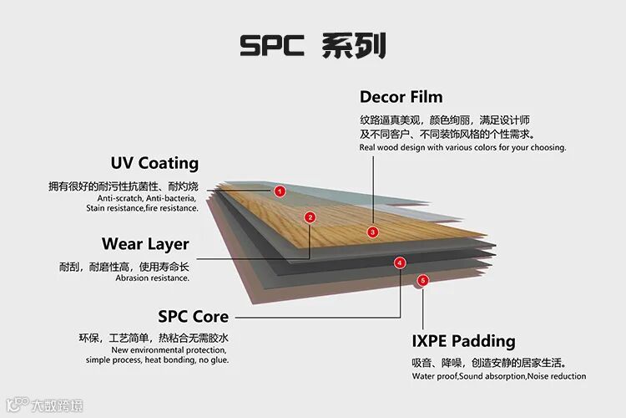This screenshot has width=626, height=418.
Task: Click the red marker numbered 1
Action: (x=280, y=191)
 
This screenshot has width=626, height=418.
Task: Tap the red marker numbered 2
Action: (x=310, y=217)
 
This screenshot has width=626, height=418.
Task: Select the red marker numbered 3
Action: (x=373, y=232)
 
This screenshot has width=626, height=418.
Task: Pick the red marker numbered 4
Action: (x=400, y=263)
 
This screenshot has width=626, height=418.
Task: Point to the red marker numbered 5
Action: (x=423, y=281)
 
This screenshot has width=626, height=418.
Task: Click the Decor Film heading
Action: (x=401, y=97)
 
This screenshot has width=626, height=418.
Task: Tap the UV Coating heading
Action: (x=154, y=163)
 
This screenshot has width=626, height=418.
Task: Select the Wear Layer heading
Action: (x=145, y=244)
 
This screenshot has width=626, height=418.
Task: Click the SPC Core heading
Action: (x=193, y=316)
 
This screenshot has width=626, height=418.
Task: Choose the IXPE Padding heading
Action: (x=463, y=341)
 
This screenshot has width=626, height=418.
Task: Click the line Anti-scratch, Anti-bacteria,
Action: (x=147, y=198)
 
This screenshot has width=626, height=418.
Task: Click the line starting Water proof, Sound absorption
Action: (x=498, y=376)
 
